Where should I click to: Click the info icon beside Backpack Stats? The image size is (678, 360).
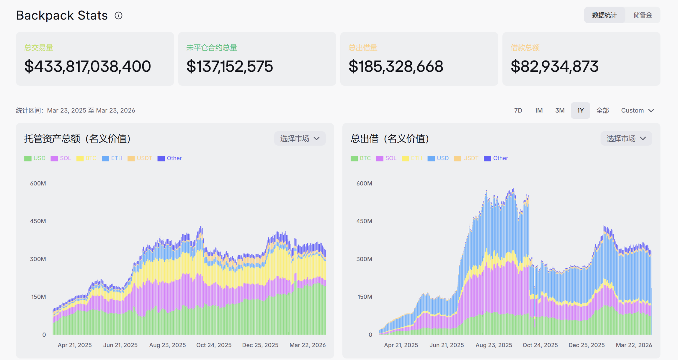coord(118,15)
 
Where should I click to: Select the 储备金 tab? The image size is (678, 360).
coord(642,15)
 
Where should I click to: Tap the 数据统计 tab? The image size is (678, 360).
coord(604,15)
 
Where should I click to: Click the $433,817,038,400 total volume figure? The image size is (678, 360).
coord(88,66)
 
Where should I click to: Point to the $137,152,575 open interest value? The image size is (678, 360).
coord(230,66)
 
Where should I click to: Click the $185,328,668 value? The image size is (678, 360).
coord(396,66)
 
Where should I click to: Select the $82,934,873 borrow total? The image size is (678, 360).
coord(554,66)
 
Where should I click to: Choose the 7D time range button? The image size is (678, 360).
coord(518,110)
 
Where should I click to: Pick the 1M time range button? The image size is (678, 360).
coord(539,110)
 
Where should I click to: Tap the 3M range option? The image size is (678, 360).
coord(560,110)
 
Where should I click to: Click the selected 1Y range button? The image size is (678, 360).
coord(580,110)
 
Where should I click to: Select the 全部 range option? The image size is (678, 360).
coord(602,110)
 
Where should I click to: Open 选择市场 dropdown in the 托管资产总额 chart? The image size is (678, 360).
coord(300,139)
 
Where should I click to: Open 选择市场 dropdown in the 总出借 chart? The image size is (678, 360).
coord(626,139)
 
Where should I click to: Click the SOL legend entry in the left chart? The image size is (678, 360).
coord(61,158)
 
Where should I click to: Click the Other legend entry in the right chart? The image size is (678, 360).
coord(496,158)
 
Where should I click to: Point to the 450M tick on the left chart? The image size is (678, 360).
coord(38,221)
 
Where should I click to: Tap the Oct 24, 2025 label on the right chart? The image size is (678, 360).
coord(540,345)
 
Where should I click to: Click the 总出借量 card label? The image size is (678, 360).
coord(363,48)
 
